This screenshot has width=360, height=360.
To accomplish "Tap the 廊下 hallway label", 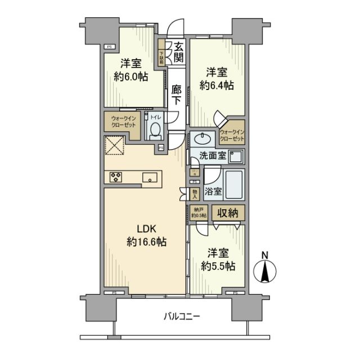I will [177, 94].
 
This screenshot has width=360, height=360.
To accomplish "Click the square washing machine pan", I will [235, 156].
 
